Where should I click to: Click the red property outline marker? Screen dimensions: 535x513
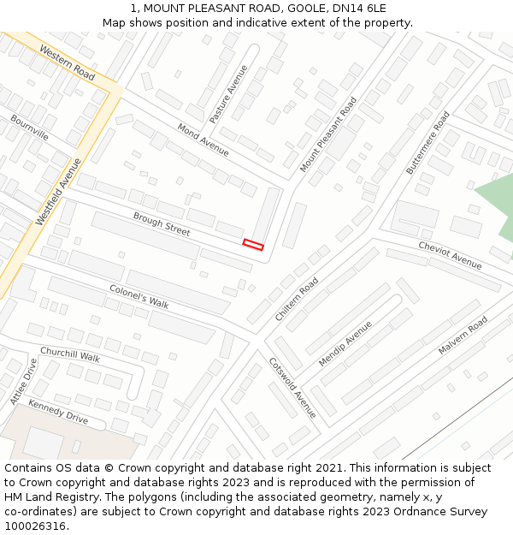253,245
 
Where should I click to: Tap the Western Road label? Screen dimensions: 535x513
67,62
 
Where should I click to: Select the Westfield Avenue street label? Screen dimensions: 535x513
59,192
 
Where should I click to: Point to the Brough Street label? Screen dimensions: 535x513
162,224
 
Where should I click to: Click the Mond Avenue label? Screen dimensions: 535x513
203,139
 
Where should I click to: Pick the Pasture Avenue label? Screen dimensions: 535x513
228,93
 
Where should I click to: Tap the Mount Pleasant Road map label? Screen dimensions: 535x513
328,134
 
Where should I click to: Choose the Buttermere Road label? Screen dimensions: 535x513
427,143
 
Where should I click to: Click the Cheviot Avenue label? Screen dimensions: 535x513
450,255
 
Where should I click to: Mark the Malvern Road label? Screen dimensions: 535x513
463,336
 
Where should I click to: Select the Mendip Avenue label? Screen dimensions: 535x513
345,344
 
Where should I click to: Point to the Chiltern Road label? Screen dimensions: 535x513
297,300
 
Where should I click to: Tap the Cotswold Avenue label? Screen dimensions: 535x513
292,388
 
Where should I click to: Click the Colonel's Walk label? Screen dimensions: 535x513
139,296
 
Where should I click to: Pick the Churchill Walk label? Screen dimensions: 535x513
70,354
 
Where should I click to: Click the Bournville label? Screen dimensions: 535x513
30,128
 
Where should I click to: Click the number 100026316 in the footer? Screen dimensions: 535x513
35,526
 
